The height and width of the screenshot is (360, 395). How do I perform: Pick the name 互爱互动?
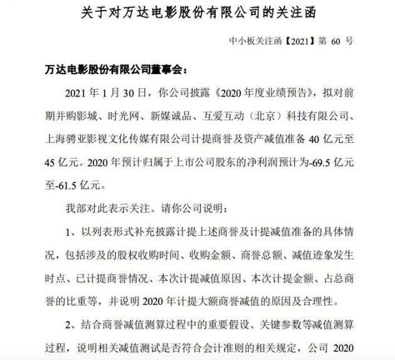pos(228,114)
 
